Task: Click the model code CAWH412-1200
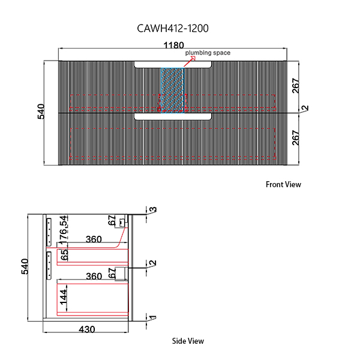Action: click(x=173, y=28)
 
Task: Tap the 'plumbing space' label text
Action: click(x=208, y=53)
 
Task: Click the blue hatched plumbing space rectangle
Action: click(x=172, y=90)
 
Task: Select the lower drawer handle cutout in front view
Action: click(x=173, y=116)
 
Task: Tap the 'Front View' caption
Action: click(x=283, y=185)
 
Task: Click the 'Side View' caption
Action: click(x=188, y=341)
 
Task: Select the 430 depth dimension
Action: click(x=87, y=329)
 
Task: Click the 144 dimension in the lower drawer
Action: click(x=63, y=298)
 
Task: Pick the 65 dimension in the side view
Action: click(x=64, y=254)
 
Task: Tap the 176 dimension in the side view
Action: click(x=64, y=236)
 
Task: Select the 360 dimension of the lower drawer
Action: click(x=93, y=277)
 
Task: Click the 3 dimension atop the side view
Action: click(x=153, y=210)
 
